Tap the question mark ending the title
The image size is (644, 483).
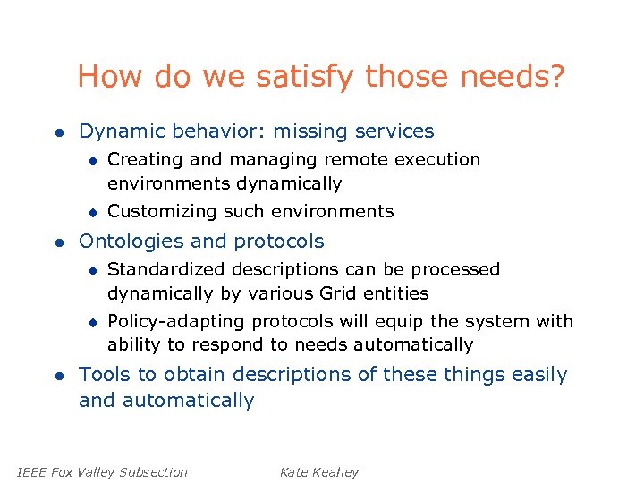click(x=556, y=77)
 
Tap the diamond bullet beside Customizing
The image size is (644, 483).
click(x=91, y=211)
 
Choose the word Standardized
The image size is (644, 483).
click(x=166, y=269)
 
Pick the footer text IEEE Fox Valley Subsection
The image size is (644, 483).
click(x=102, y=472)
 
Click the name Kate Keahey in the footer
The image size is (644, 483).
click(x=319, y=472)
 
